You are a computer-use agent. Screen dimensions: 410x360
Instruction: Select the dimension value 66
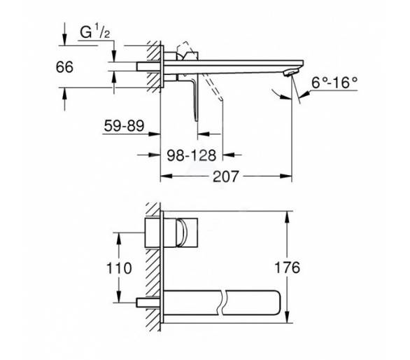64,67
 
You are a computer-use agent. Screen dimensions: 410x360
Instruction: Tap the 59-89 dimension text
124,125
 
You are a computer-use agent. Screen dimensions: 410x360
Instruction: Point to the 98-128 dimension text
192,155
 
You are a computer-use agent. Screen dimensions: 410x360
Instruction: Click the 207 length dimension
226,176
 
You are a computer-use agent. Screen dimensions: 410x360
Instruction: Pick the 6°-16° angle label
334,83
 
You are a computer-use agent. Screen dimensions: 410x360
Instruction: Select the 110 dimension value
119,268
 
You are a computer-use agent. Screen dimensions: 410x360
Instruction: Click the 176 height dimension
287,268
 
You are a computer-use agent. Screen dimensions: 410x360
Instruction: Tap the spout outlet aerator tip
291,73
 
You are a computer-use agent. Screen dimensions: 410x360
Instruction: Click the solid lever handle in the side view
195,100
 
